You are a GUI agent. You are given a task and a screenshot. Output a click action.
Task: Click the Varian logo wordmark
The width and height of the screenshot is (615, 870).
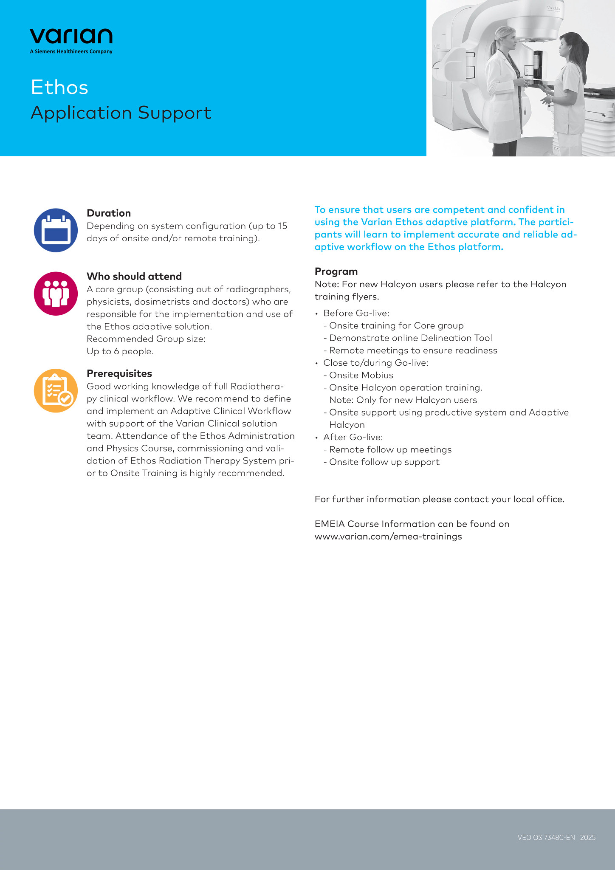[71, 37]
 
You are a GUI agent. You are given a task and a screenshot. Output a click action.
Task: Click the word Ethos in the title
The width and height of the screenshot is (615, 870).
[59, 88]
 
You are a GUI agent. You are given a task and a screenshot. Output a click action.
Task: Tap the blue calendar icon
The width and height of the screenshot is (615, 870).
[56, 230]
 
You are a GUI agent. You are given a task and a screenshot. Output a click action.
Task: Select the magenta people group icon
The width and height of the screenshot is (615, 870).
[56, 294]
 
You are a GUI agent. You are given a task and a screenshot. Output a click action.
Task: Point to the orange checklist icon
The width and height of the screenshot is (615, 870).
[56, 390]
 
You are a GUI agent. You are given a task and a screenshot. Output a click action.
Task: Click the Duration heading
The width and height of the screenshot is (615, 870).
[109, 213]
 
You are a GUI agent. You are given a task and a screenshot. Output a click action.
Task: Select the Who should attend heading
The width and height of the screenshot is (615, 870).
[134, 277]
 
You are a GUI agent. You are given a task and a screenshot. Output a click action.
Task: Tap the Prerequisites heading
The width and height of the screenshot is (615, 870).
[119, 373]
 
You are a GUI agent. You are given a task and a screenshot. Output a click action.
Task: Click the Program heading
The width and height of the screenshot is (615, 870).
[336, 271]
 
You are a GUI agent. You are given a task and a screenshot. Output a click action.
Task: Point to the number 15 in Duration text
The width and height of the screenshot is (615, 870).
[282, 226]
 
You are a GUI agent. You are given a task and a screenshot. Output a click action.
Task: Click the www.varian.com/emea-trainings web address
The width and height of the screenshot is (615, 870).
[388, 537]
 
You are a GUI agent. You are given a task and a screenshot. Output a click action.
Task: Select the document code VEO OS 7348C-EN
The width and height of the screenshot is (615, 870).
[546, 837]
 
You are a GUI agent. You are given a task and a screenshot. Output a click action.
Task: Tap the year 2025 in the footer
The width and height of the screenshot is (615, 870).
[588, 837]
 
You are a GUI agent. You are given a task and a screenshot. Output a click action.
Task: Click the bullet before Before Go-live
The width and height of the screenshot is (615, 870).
[316, 314]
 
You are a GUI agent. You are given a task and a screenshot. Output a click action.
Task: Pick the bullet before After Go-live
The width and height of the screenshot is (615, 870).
[316, 438]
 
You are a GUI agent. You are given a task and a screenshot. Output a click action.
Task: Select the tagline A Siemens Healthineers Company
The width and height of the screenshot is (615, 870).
[71, 52]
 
